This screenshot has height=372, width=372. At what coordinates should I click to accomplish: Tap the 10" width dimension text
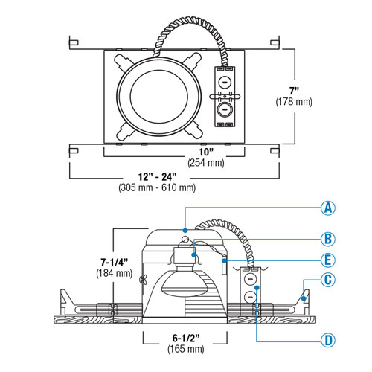[196, 152]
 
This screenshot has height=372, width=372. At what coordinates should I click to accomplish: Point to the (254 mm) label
[196, 163]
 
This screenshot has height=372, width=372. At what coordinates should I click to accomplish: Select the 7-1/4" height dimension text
[114, 262]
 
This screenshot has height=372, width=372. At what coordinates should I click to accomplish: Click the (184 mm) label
[114, 274]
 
